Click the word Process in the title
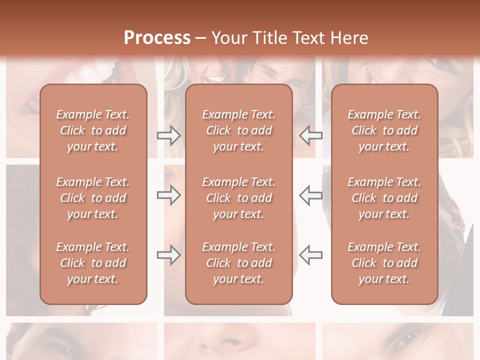point(157,38)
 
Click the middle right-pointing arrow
point(169,195)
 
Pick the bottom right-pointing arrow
point(169,255)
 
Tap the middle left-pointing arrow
point(310,195)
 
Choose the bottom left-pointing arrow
point(310,255)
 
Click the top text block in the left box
point(93,130)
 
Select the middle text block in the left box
point(93,198)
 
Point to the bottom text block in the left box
point(93,263)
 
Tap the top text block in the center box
point(238,130)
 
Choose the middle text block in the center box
point(238,198)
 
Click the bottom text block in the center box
point(238,263)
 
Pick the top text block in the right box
point(384,130)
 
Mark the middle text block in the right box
point(384,198)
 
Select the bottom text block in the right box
point(384,263)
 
